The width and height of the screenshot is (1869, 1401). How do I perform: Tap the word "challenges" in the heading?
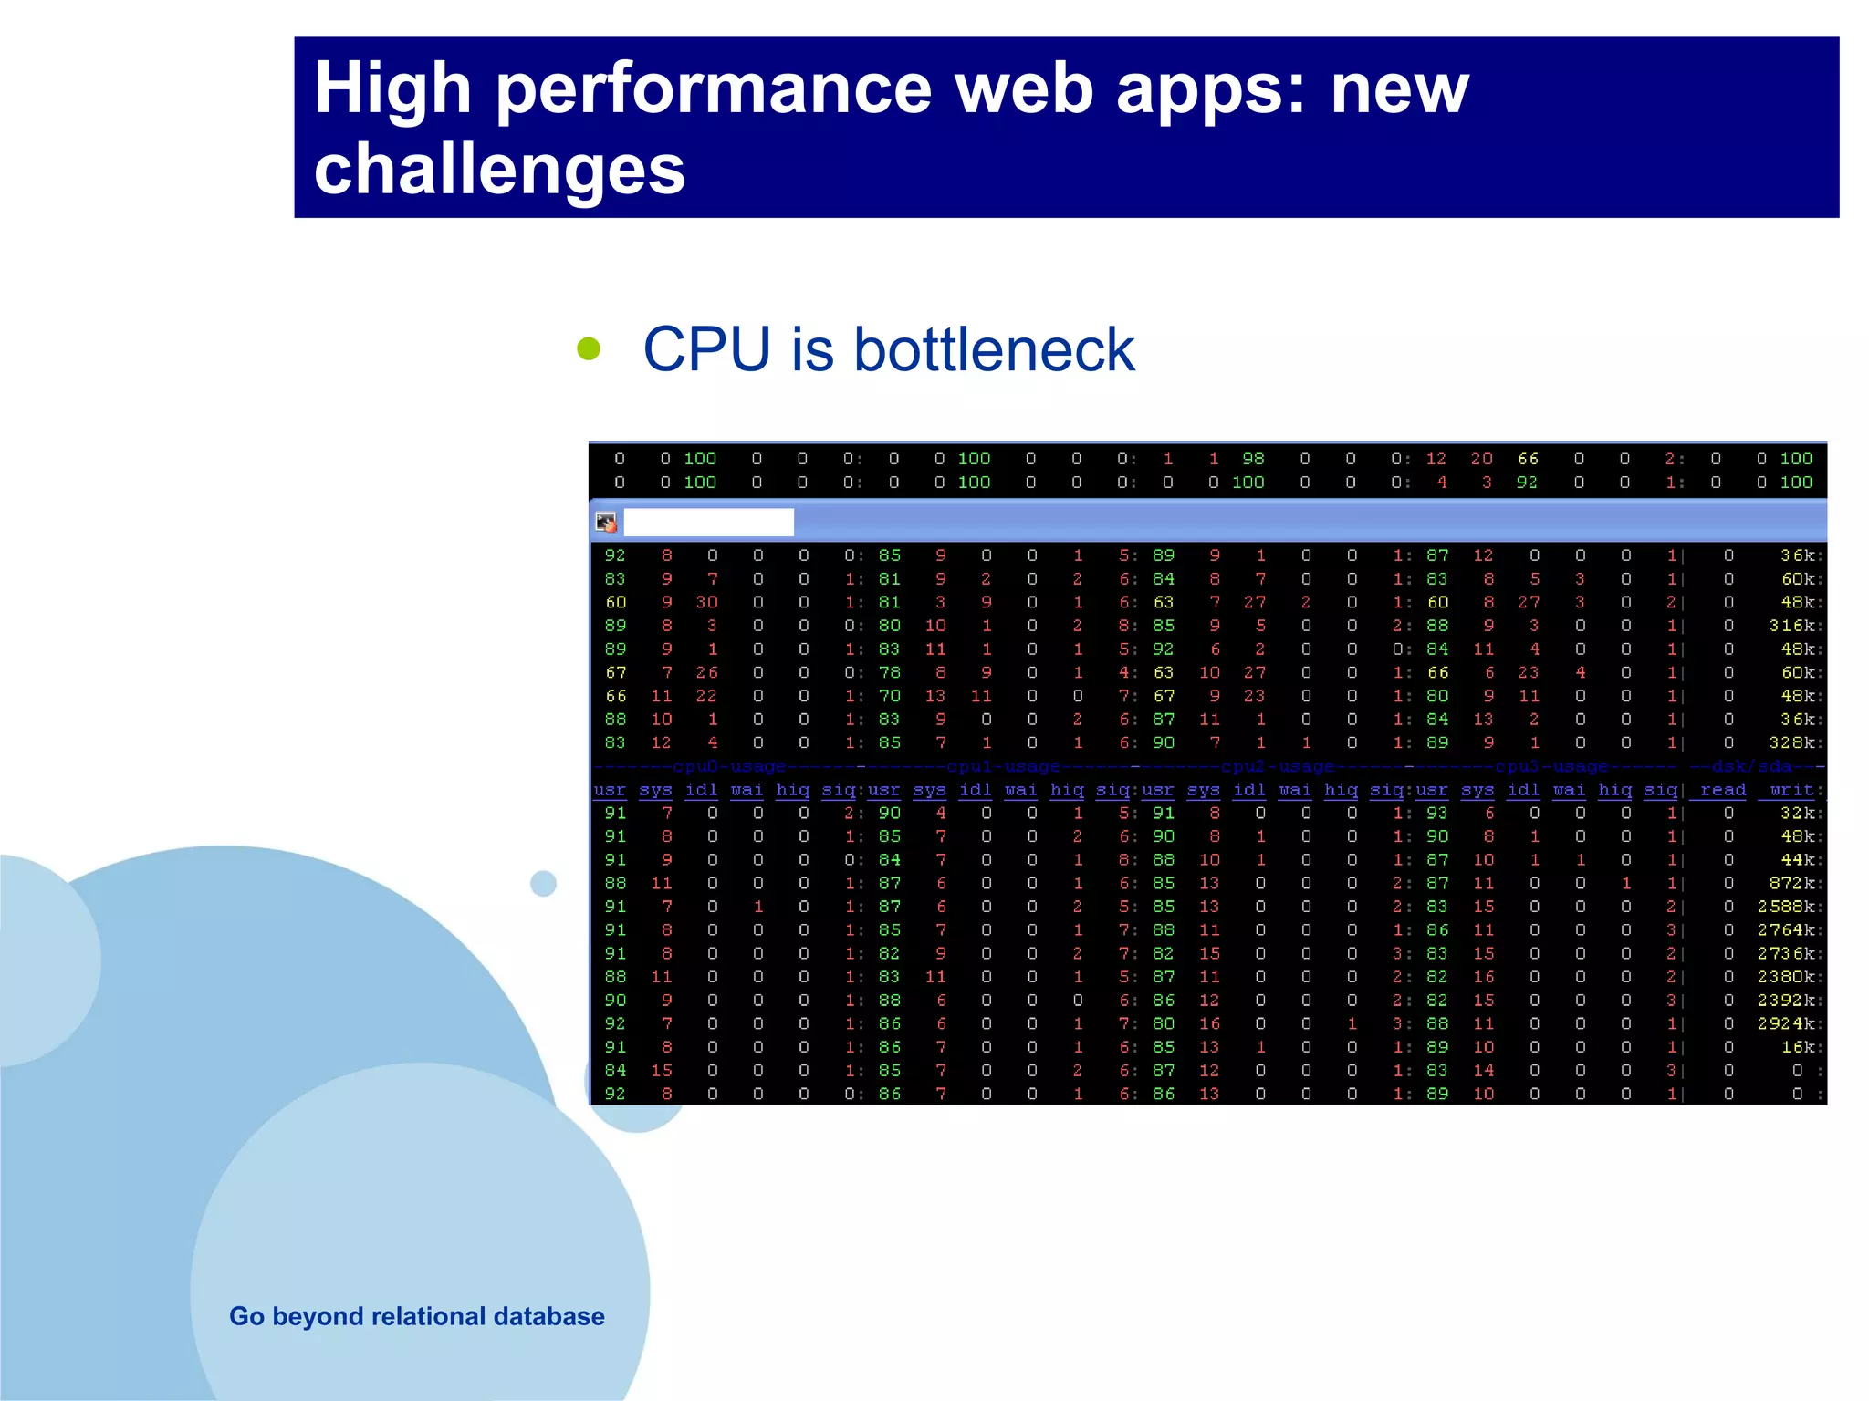(x=499, y=170)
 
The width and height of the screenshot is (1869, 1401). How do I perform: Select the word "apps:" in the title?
(x=1211, y=89)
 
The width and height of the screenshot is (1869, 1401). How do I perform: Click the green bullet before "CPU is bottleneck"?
(x=589, y=348)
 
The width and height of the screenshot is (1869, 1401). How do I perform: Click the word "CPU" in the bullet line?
(x=706, y=349)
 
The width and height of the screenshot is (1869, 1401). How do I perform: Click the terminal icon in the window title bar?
(x=606, y=523)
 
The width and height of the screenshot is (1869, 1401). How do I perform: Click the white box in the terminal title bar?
(x=708, y=523)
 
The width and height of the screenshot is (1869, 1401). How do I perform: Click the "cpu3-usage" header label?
(x=1551, y=766)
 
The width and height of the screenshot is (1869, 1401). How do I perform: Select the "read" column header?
(x=1722, y=790)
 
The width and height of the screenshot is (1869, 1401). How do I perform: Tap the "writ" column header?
(x=1791, y=790)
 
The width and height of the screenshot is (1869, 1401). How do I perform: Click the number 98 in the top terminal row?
(x=1253, y=459)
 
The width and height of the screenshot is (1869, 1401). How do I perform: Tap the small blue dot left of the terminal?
(x=543, y=883)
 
